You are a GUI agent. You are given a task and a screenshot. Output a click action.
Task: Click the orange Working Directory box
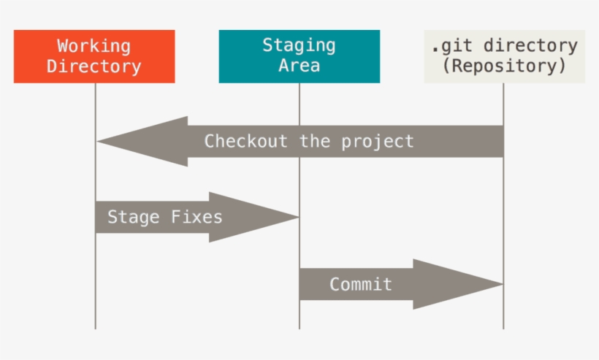94,56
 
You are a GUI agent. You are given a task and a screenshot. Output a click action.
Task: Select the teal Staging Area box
299,56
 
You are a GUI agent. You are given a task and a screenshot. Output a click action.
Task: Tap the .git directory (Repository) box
504,56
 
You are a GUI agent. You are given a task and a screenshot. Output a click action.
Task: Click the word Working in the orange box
94,46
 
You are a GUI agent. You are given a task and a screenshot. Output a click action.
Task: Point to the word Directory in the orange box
94,66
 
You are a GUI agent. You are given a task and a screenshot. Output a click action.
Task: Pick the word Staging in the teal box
299,45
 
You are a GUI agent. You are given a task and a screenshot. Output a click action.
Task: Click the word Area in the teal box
299,66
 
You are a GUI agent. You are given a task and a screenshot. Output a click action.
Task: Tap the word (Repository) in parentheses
504,66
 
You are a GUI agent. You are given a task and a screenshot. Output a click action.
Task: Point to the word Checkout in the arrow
245,141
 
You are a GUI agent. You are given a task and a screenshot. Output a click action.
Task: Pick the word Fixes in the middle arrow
197,217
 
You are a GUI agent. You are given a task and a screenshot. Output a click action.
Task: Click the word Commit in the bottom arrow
361,284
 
